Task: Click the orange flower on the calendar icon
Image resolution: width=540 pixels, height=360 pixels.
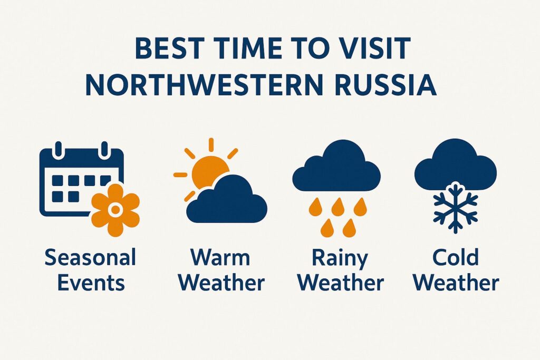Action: pyautogui.click(x=115, y=210)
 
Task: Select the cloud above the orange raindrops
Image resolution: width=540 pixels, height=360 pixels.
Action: pyautogui.click(x=336, y=168)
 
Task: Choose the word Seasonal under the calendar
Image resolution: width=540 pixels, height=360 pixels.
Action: pyautogui.click(x=90, y=258)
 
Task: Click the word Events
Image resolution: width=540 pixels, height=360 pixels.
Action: pyautogui.click(x=91, y=283)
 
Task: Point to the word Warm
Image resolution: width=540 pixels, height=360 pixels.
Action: pyautogui.click(x=221, y=258)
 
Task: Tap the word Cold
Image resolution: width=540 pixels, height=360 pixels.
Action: pyautogui.click(x=455, y=258)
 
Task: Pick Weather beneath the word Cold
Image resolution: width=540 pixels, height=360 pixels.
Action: pyautogui.click(x=456, y=283)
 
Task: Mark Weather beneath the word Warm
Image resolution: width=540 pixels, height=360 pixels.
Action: pyautogui.click(x=221, y=283)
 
